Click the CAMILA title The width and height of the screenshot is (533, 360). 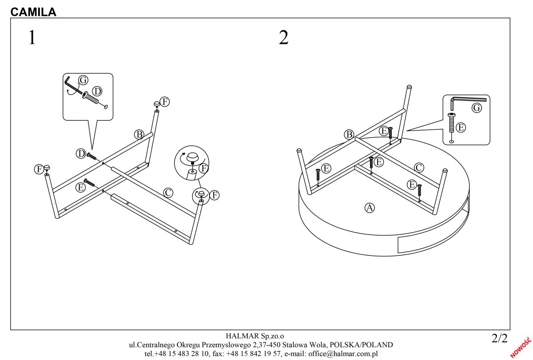click(x=33, y=12)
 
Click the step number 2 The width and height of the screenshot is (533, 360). click(x=283, y=38)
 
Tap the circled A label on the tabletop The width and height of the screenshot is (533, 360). click(x=369, y=207)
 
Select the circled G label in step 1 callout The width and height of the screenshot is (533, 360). click(x=83, y=80)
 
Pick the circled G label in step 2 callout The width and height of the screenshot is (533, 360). click(x=477, y=107)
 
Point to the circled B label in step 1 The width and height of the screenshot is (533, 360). click(x=139, y=134)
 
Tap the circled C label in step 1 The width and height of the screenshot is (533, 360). click(x=168, y=193)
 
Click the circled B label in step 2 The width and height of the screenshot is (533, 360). click(x=349, y=134)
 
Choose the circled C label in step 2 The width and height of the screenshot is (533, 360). click(x=418, y=167)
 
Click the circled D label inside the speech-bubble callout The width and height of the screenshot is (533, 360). click(x=96, y=91)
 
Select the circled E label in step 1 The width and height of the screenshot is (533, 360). click(x=80, y=187)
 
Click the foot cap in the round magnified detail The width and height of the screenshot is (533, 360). click(x=193, y=158)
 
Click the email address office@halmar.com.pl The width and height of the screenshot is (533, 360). click(x=342, y=354)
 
